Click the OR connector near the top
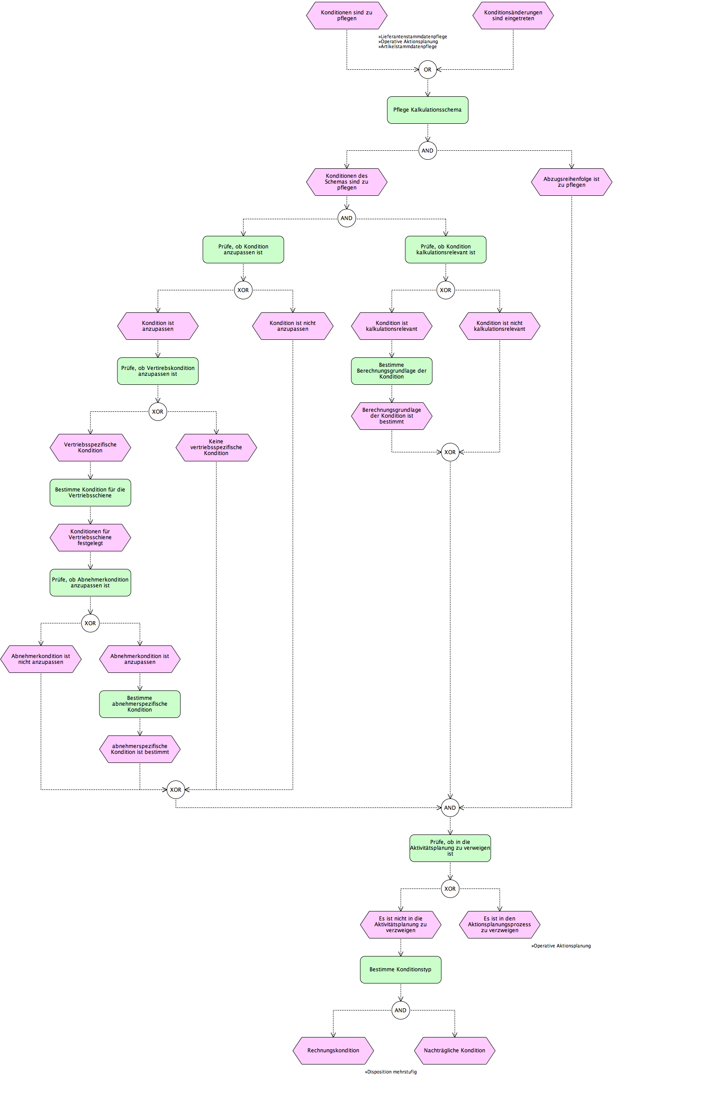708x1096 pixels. tap(428, 70)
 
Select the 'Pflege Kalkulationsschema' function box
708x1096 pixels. tap(428, 110)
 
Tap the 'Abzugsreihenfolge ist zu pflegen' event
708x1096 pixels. tap(571, 182)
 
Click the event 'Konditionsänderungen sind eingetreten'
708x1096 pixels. tap(513, 16)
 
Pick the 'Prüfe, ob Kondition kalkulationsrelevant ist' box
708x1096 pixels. tap(445, 250)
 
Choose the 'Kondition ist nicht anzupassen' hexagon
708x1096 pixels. tap(293, 326)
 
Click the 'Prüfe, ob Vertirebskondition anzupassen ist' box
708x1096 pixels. tap(158, 371)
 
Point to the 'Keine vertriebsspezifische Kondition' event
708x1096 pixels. tap(216, 447)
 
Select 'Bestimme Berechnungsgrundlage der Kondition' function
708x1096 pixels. tap(392, 371)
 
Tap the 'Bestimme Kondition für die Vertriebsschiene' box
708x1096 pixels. tap(90, 492)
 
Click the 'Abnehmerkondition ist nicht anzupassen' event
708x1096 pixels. tap(41, 659)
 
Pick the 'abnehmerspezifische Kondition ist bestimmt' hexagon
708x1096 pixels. tap(140, 749)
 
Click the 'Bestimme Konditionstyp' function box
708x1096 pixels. tap(400, 970)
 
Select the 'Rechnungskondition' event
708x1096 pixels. tap(333, 1051)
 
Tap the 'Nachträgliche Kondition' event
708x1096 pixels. tap(455, 1051)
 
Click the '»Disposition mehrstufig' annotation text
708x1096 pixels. tap(391, 1072)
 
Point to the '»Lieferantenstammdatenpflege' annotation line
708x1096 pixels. tap(413, 37)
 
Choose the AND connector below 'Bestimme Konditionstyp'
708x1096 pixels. tap(400, 1010)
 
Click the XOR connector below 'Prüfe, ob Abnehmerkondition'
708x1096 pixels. tap(90, 623)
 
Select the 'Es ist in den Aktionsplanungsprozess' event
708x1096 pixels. tap(500, 925)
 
